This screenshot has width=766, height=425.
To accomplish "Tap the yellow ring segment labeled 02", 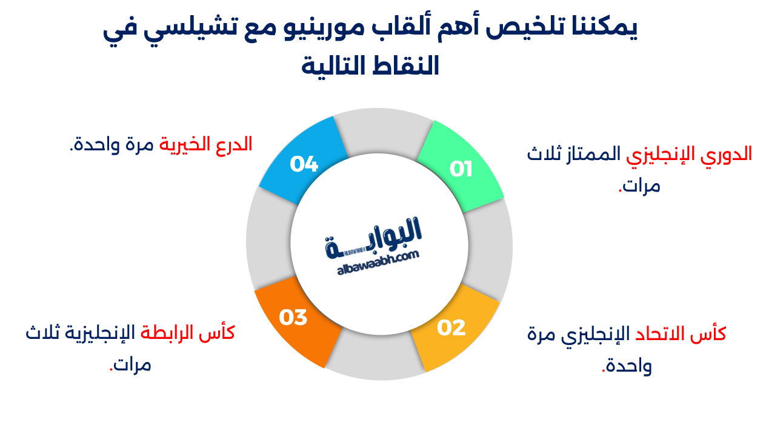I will (x=455, y=328).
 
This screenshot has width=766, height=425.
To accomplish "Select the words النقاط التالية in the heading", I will (x=370, y=65).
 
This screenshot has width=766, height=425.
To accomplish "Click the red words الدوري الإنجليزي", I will (x=697, y=154).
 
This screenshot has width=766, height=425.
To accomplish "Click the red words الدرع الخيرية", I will (x=206, y=144).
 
